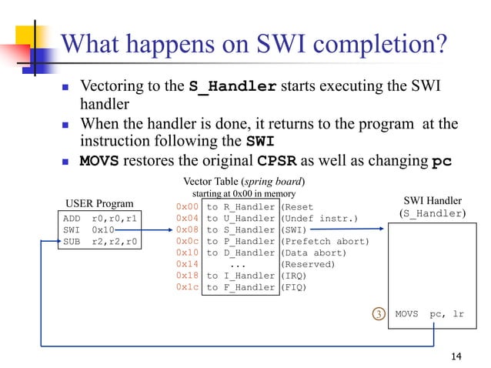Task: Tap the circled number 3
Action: (377, 314)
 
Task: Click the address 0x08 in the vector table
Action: (187, 229)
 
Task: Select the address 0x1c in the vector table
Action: (187, 287)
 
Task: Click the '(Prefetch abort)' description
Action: (325, 241)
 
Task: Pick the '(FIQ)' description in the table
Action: (293, 287)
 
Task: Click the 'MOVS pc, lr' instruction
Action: (429, 314)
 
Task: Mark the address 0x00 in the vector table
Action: (187, 206)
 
